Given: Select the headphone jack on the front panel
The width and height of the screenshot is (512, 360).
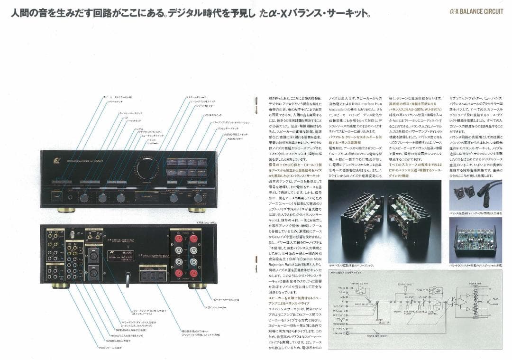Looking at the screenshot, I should click(70, 198).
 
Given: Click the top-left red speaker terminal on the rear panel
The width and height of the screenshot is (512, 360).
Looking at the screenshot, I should click(179, 239).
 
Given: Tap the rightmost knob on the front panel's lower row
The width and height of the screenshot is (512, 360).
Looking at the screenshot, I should click(198, 198).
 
